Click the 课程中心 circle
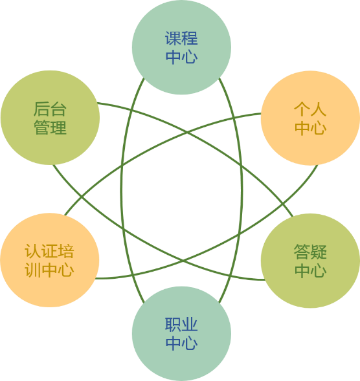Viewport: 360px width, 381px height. [181, 47]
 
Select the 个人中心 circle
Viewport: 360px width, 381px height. [310, 118]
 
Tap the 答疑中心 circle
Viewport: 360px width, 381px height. [310, 261]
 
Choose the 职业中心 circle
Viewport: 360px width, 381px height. [181, 334]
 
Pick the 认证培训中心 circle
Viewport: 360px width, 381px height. [50, 260]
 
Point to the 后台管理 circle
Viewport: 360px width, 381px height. [50, 118]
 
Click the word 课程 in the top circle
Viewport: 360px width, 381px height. [181, 38]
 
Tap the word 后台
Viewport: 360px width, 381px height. [50, 109]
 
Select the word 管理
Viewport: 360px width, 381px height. [50, 127]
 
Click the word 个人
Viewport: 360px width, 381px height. [310, 109]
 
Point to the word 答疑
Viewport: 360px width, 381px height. [310, 252]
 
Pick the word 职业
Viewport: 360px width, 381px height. [181, 324]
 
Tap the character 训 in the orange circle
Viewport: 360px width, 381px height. [33, 270]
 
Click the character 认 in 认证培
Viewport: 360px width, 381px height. [33, 251]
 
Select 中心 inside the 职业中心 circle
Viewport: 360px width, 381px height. [181, 343]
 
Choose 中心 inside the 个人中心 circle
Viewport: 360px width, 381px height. [310, 127]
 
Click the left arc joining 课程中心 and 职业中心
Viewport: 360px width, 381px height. [121, 190]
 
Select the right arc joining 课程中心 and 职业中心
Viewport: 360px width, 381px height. [242, 190]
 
